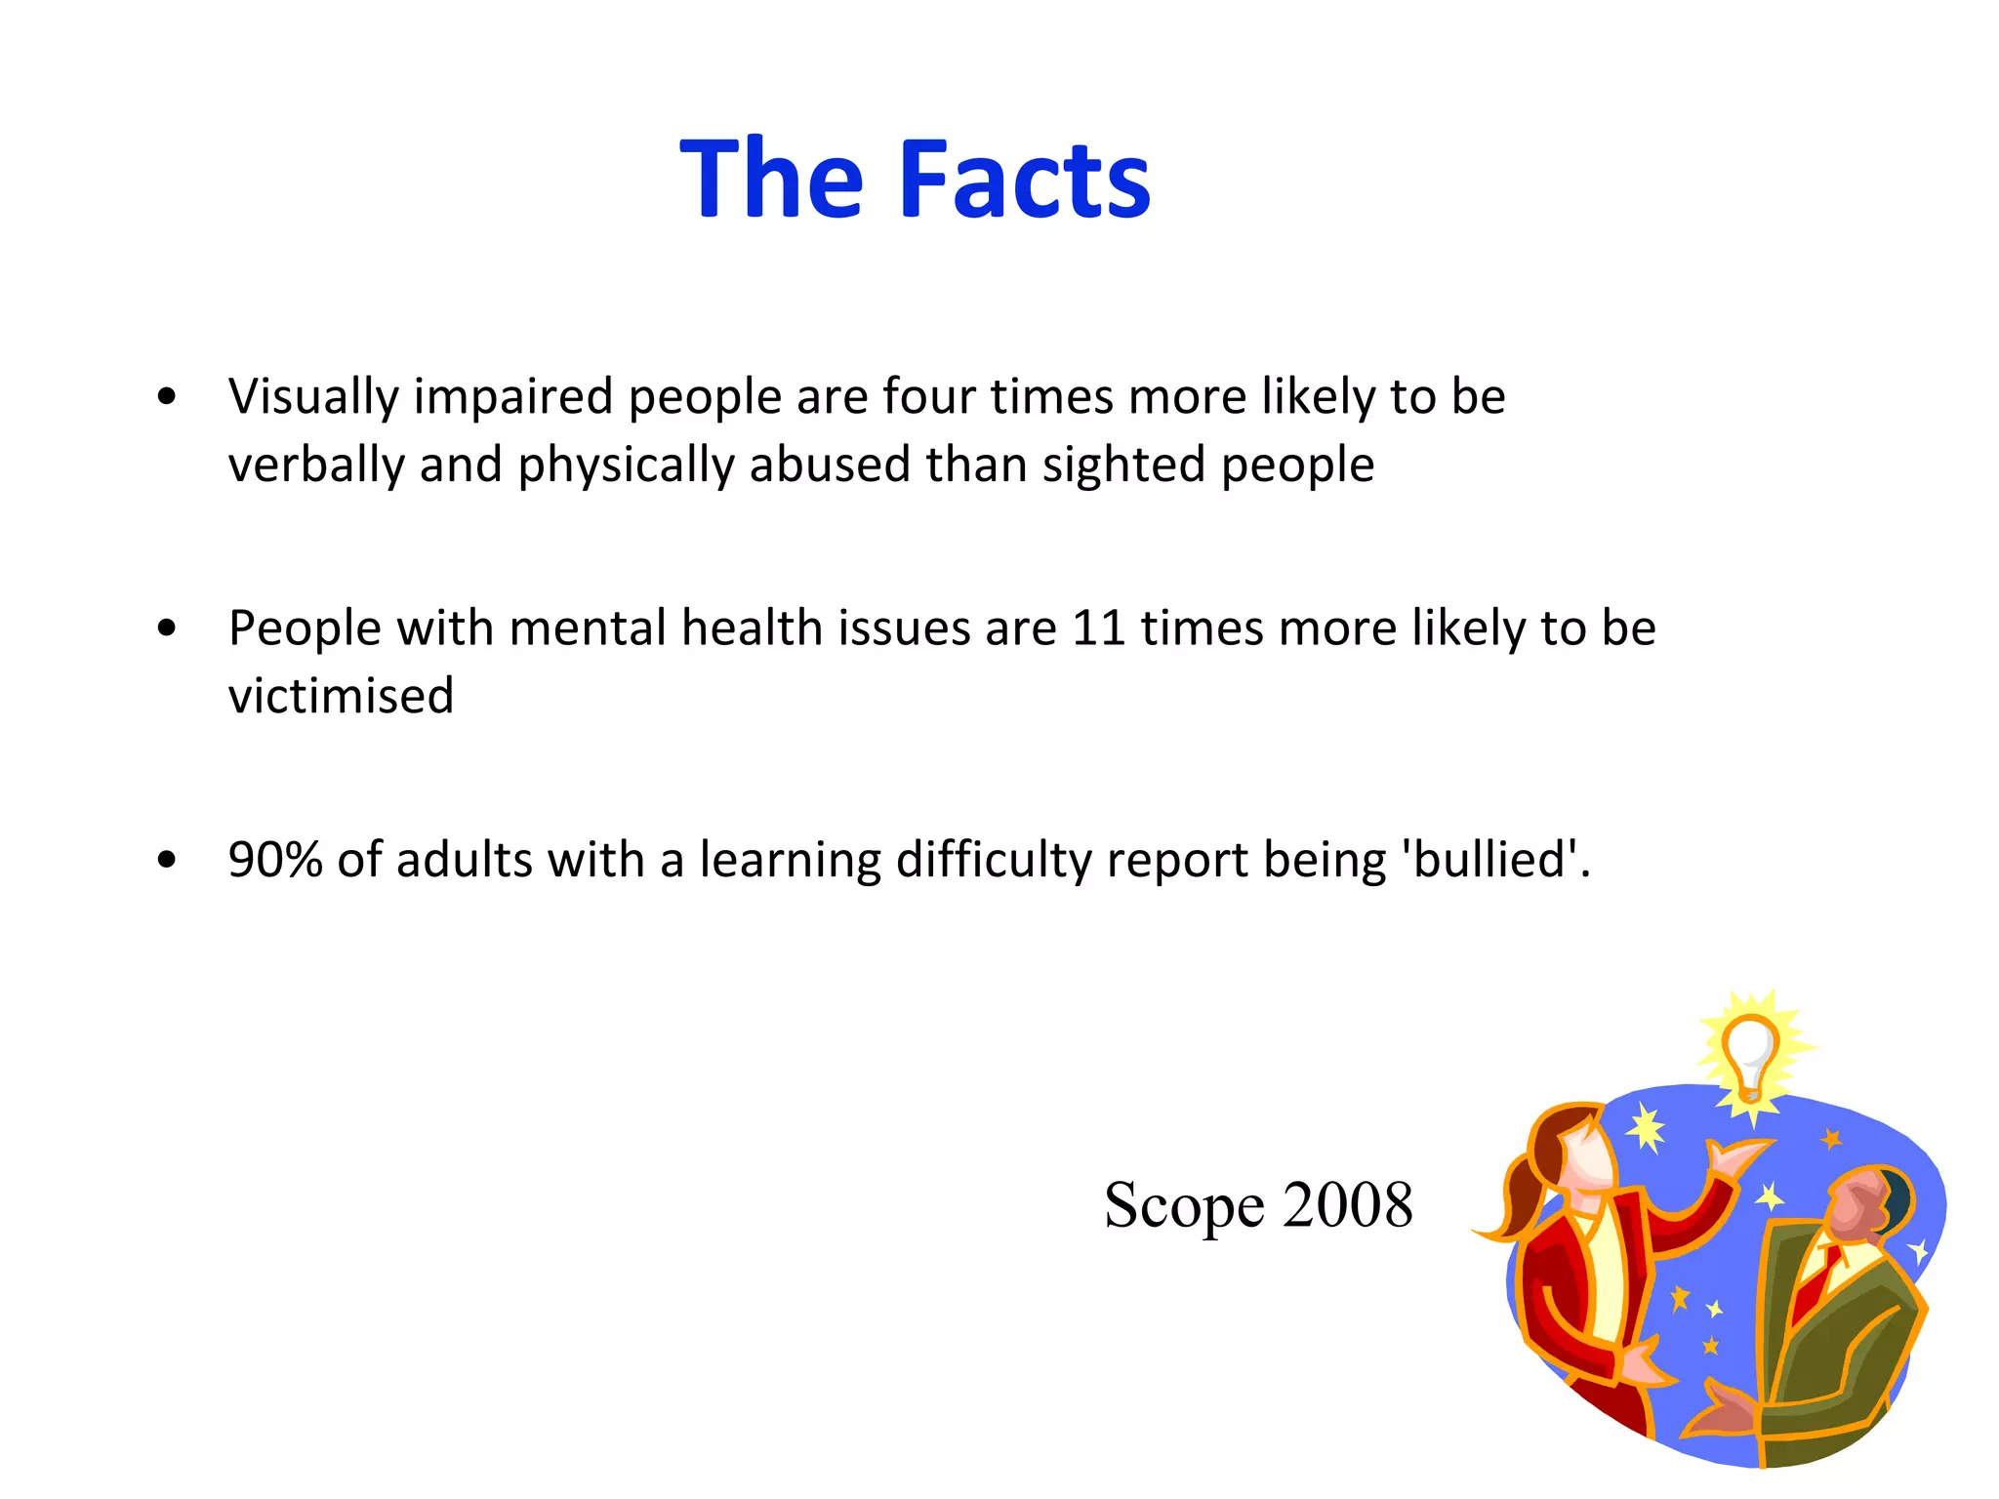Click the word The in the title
[771, 180]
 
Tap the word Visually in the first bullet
[313, 398]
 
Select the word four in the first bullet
[928, 396]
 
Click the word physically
[625, 466]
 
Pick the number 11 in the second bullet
[1098, 628]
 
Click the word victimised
[341, 696]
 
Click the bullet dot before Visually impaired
[167, 397]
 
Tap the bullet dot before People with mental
[167, 628]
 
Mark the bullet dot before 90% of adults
[167, 860]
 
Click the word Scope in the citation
[1183, 1206]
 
